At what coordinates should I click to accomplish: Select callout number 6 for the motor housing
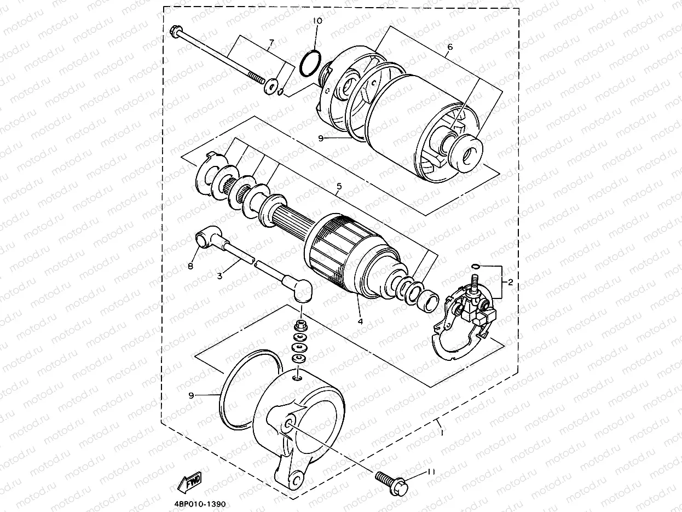click(x=449, y=48)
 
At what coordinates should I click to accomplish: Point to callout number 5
click(x=339, y=187)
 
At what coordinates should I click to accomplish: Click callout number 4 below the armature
click(x=360, y=321)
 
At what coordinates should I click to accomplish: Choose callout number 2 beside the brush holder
click(x=510, y=283)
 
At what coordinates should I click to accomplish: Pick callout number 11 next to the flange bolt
click(x=431, y=472)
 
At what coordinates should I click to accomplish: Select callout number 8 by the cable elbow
click(x=190, y=267)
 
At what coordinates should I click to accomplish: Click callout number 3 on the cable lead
click(x=219, y=276)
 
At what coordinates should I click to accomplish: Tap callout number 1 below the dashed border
click(x=441, y=433)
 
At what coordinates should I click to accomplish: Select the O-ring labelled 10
click(x=310, y=63)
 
